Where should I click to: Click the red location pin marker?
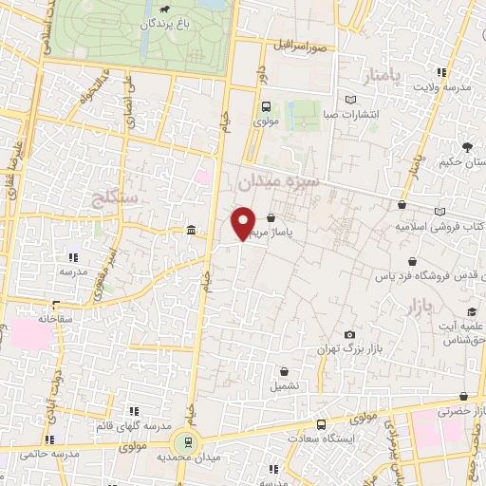(x=244, y=222)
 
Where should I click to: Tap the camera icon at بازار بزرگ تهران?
(x=349, y=335)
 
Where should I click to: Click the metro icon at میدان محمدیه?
(x=187, y=441)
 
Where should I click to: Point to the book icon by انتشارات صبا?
(x=351, y=100)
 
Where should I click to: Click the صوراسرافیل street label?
(x=302, y=45)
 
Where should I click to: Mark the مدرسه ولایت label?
(x=440, y=87)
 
